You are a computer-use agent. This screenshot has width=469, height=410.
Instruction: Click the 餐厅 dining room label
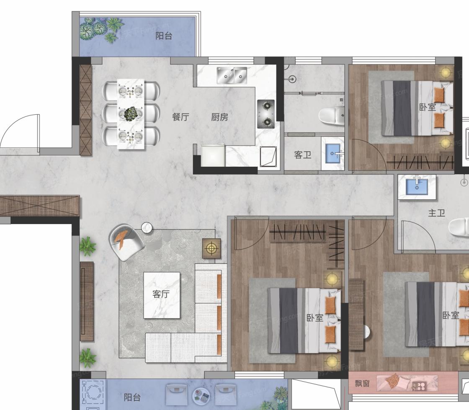pos(180,116)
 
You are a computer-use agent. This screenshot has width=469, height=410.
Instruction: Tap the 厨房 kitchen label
pos(219,117)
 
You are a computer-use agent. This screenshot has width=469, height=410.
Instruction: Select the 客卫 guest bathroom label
pos(303,155)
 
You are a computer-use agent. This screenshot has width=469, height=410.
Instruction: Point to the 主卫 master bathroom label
pos(436,213)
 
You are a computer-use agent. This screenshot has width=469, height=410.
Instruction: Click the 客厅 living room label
pos(161,294)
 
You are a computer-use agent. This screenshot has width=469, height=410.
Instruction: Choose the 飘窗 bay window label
pos(362,383)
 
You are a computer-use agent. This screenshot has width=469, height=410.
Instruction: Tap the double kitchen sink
pos(232,76)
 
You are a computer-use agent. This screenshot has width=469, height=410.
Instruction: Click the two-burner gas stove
pos(266,114)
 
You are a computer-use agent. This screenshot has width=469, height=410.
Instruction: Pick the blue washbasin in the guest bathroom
pos(332,153)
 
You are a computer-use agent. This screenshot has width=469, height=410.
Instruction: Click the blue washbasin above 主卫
pos(417,186)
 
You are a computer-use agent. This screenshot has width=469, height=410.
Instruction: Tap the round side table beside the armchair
pos(147,227)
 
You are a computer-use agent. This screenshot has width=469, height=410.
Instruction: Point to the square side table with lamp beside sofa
pos(212,248)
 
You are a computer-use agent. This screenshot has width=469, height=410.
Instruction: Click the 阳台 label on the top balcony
pos(164,36)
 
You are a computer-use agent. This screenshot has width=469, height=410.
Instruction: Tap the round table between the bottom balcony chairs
pos(201,395)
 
